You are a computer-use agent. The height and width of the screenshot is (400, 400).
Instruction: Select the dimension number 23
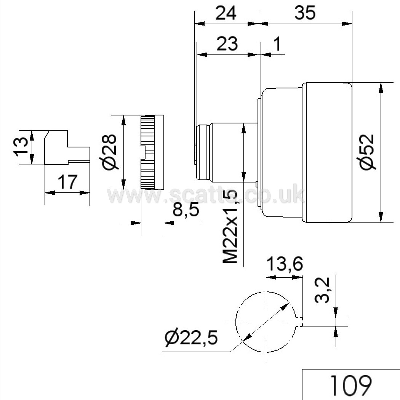pyautogui.click(x=227, y=43)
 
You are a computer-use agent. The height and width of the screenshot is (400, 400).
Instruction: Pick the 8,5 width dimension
pyautogui.click(x=186, y=210)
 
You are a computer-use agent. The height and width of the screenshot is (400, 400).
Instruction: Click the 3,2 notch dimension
pyautogui.click(x=322, y=290)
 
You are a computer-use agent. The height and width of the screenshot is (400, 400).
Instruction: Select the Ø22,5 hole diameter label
pyautogui.click(x=191, y=337)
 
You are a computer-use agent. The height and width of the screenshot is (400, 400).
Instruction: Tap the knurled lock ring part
pyautogui.click(x=152, y=152)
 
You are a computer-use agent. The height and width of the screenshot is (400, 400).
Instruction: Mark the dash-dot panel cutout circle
pyautogui.click(x=236, y=322)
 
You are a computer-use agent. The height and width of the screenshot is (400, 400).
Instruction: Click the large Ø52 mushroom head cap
pyautogui.click(x=327, y=152)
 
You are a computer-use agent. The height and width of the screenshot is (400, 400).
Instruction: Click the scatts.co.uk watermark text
pyautogui.click(x=206, y=195)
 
